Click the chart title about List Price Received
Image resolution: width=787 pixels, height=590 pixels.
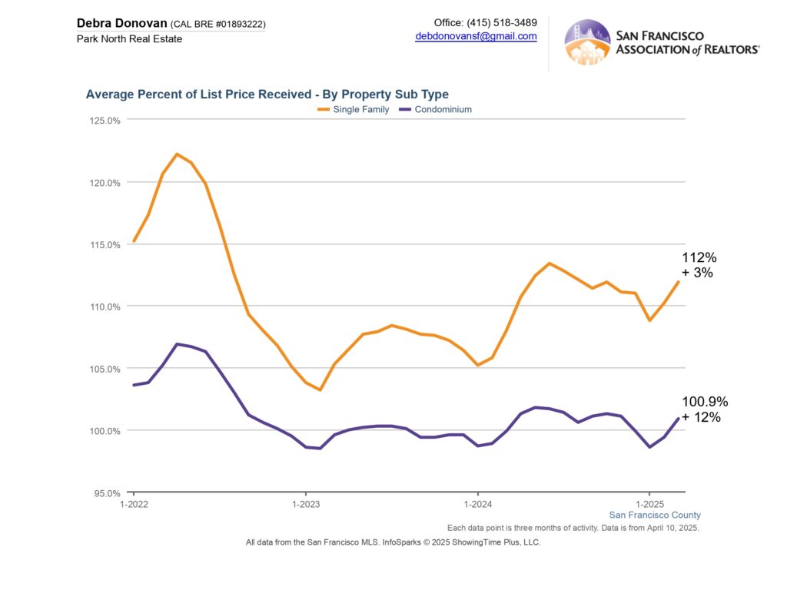click(x=267, y=94)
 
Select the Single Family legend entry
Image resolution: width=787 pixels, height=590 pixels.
click(x=354, y=110)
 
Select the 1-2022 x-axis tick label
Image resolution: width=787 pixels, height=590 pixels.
click(x=134, y=504)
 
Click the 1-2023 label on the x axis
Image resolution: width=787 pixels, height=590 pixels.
click(x=305, y=504)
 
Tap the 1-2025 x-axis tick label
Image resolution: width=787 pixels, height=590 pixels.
click(x=649, y=504)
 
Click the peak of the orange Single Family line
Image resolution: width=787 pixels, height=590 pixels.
click(x=177, y=154)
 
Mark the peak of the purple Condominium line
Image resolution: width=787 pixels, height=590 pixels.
click(x=177, y=344)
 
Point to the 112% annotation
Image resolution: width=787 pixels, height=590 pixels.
click(x=699, y=257)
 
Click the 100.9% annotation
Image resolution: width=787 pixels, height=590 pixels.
click(x=704, y=402)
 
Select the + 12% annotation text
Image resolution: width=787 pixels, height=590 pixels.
click(x=701, y=417)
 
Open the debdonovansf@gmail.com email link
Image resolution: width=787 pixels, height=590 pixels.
click(x=476, y=36)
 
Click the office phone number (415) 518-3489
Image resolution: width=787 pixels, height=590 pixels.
click(x=502, y=22)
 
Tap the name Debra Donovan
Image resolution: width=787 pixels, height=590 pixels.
click(x=121, y=23)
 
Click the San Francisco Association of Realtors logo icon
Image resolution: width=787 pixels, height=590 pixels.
click(x=587, y=42)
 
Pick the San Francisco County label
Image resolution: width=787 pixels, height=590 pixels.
click(x=655, y=515)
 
